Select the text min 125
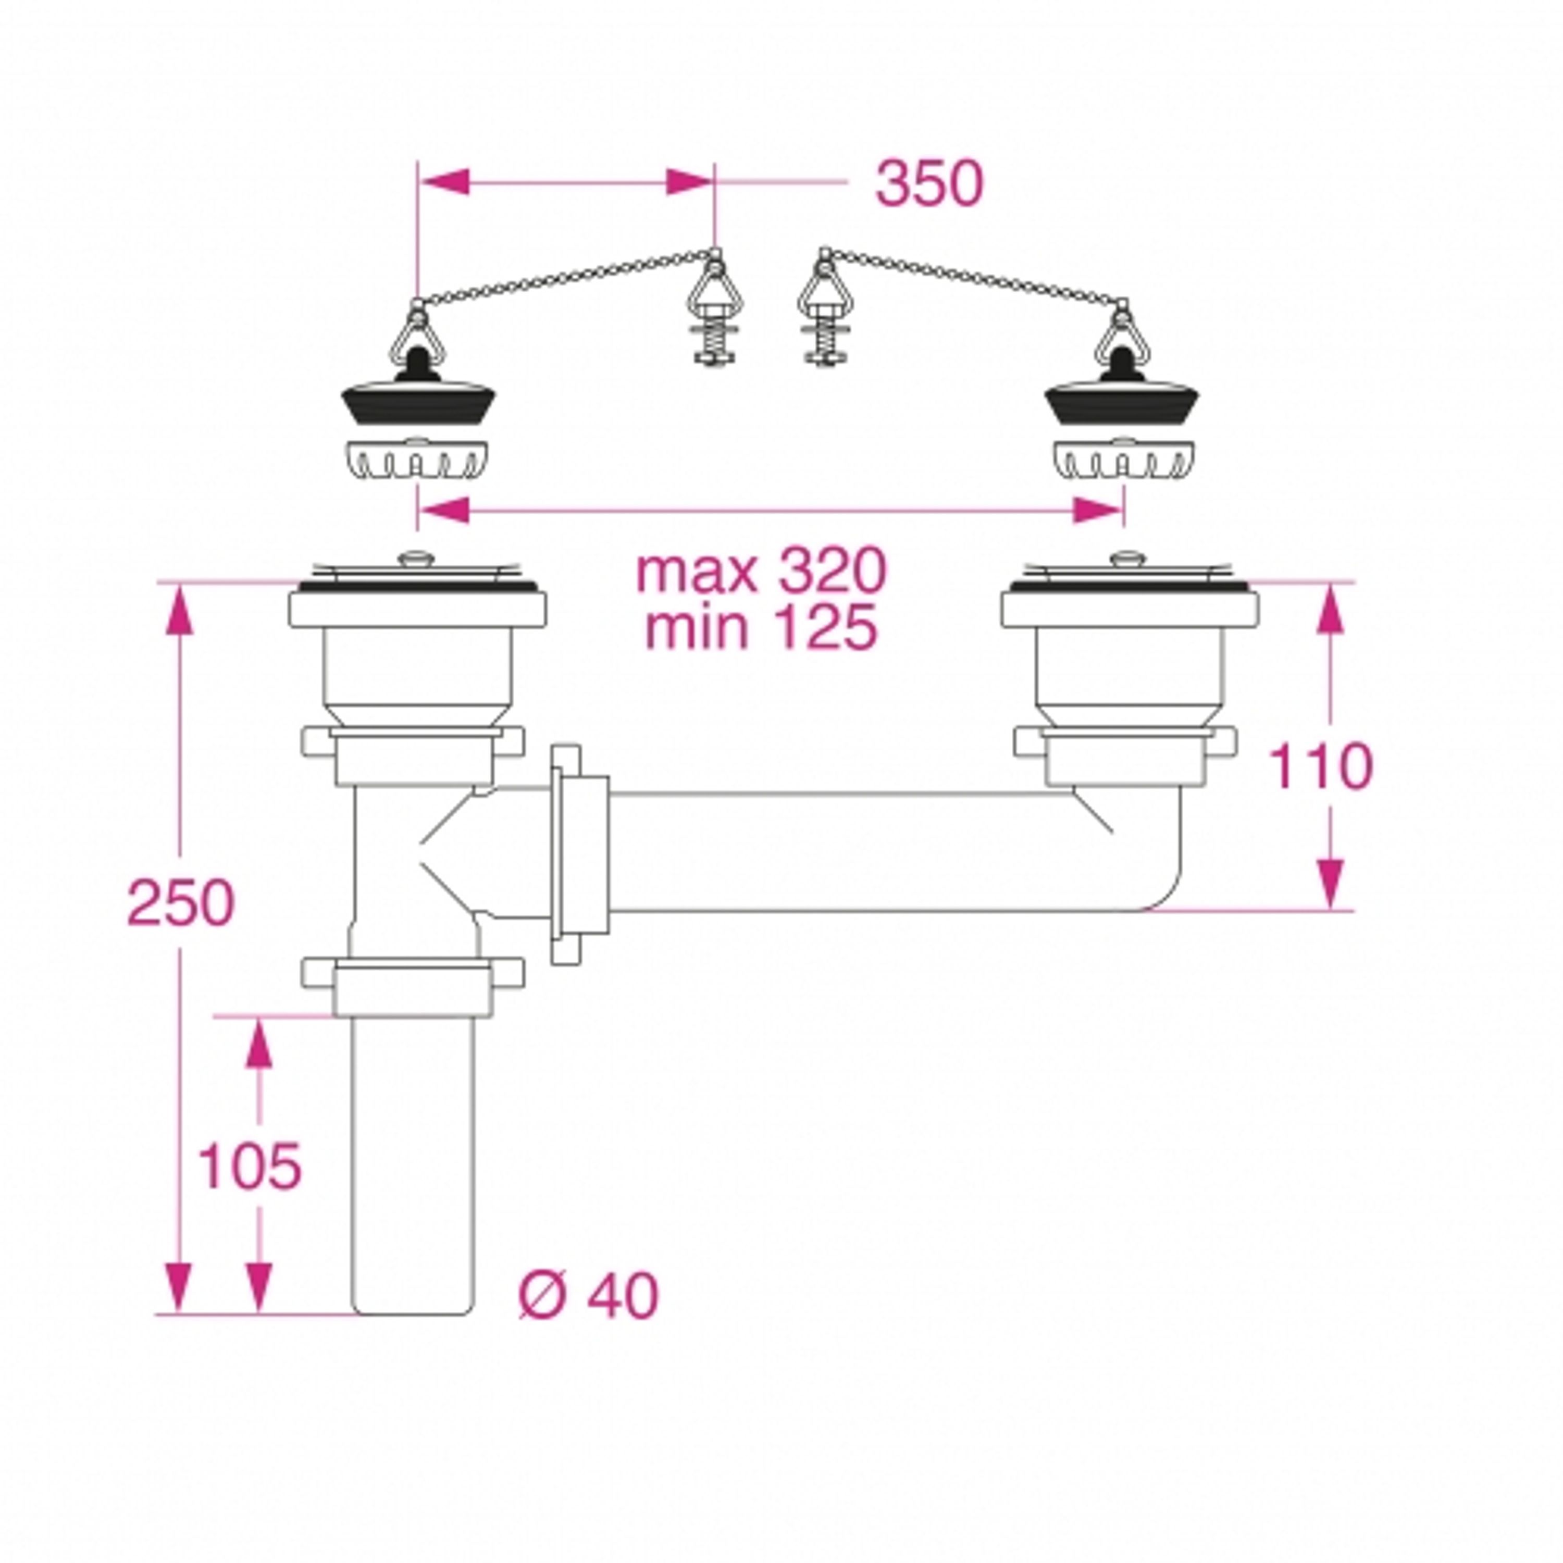(x=761, y=627)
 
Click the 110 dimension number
(x=1320, y=765)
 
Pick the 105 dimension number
(x=249, y=1166)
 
